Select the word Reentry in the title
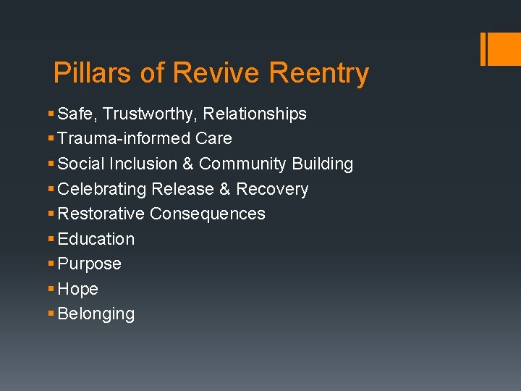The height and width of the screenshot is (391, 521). (x=318, y=73)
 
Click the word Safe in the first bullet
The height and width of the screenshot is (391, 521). (x=75, y=114)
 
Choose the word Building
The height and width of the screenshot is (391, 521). (x=322, y=164)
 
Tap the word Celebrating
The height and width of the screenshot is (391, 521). (x=102, y=189)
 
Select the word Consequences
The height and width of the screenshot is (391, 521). (x=207, y=214)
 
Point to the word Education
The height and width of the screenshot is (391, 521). (x=96, y=239)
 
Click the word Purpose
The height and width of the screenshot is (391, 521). (x=89, y=264)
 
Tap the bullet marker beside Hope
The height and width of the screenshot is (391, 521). (x=50, y=289)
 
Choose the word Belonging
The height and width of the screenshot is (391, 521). (x=96, y=314)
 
